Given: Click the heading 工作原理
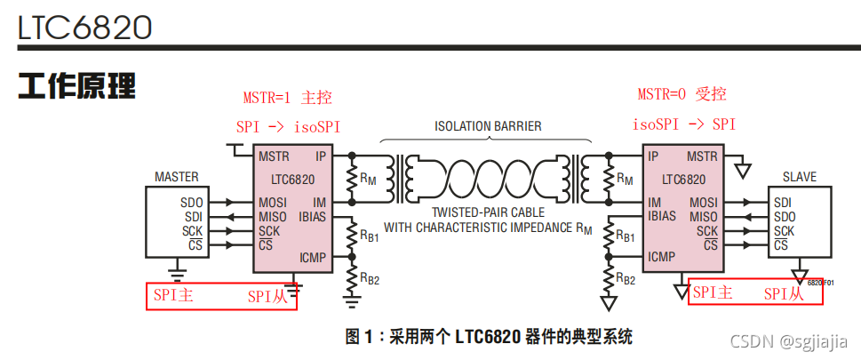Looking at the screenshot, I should click(x=77, y=87).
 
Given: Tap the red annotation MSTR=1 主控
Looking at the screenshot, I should click(x=287, y=98).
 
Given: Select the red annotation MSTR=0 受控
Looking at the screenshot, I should click(x=682, y=94).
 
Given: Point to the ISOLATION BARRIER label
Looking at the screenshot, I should click(x=488, y=126).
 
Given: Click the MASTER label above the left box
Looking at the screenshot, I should click(x=177, y=177).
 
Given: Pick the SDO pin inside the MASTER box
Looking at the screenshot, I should click(x=192, y=203).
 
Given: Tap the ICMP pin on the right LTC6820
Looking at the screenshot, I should click(x=662, y=258).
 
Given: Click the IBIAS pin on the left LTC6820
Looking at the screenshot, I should click(x=312, y=215).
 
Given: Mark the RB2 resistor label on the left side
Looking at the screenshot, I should click(x=370, y=278).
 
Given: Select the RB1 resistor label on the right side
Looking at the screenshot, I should click(x=626, y=237).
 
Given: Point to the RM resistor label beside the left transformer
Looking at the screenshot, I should click(x=369, y=178).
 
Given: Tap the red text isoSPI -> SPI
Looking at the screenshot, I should click(x=684, y=124).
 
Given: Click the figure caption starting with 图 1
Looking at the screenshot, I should click(x=489, y=337).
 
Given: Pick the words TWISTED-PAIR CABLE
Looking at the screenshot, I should click(x=488, y=212).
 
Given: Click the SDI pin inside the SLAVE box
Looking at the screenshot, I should click(x=782, y=203).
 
